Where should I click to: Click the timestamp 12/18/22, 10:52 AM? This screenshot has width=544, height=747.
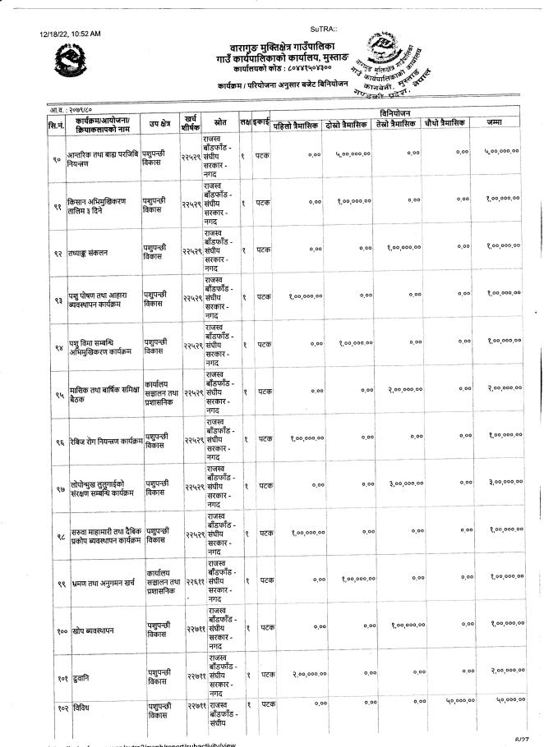pyautogui.click(x=69, y=34)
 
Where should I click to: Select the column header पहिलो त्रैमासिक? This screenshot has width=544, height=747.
pyautogui.click(x=300, y=123)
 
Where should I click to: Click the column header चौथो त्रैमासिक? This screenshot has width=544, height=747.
pyautogui.click(x=442, y=123)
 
